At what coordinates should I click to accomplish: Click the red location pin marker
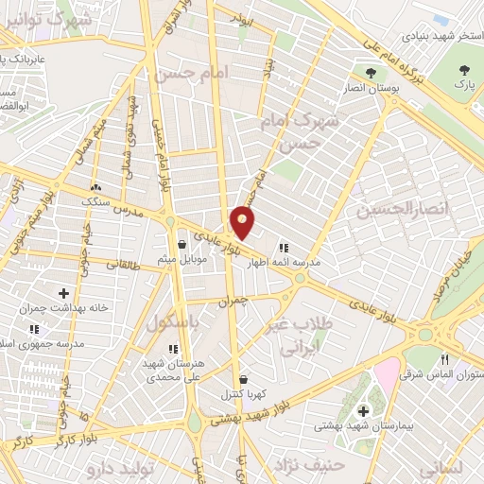point(243,222)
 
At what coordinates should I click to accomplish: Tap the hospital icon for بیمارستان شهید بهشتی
point(364,411)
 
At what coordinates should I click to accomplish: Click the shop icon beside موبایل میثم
point(181,245)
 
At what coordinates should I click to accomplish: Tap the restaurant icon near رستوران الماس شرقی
point(444,359)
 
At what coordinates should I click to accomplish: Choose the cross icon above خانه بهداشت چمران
point(64,294)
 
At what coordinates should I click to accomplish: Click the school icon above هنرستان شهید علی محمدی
point(172,349)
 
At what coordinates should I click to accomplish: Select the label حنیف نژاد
point(302,463)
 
